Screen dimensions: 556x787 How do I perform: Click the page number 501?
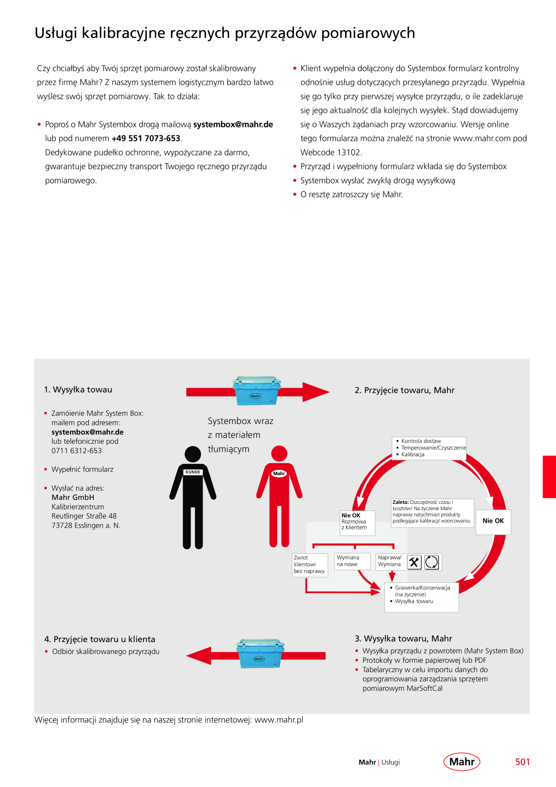coord(522,762)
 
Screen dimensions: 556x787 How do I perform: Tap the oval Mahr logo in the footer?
coord(462,761)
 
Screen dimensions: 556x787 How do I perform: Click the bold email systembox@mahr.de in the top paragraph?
coord(233,124)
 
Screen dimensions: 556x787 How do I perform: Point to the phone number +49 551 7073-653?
coord(146,138)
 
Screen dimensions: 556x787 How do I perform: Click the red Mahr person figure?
coord(279,496)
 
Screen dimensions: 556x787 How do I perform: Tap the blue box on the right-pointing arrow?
coord(256,391)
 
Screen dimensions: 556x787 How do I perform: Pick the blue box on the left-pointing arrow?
coord(260,654)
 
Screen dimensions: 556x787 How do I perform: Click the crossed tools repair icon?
coord(414,562)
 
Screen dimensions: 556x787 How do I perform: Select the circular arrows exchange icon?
coord(431,562)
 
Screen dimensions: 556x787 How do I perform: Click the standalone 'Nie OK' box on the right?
coord(493,522)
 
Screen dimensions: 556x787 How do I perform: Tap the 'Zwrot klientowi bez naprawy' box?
coord(310,565)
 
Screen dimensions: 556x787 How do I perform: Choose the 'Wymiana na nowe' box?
coord(352,561)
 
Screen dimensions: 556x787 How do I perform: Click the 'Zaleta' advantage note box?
coord(433,513)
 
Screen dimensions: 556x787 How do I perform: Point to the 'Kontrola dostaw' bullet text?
coord(421,441)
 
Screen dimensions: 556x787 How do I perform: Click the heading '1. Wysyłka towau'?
coord(78,389)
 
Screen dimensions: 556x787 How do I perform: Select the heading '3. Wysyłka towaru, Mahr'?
coord(404,638)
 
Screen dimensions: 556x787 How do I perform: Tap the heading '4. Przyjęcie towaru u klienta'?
coord(100,639)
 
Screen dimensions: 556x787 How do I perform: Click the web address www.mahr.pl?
coord(279,720)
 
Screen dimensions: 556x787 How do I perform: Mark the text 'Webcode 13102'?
coord(330,153)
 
